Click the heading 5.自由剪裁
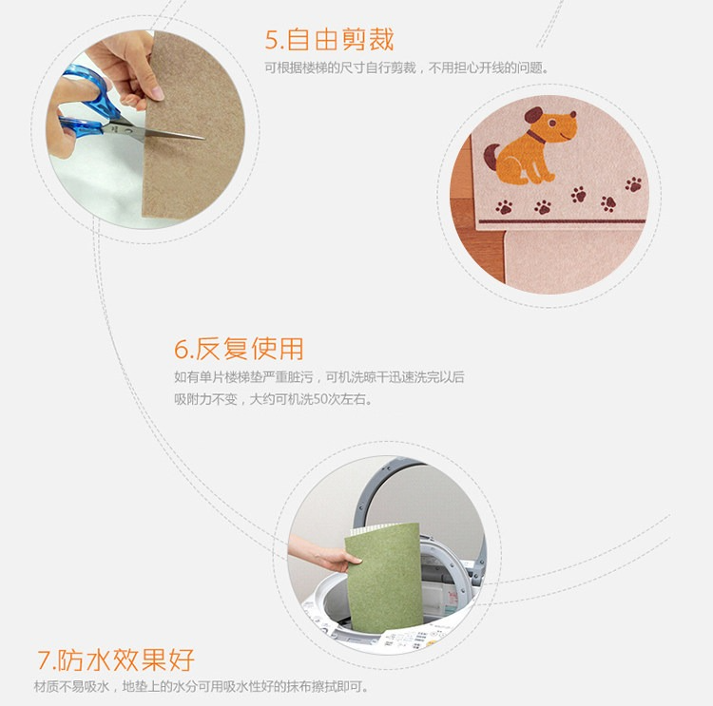[x=329, y=40]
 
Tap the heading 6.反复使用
[x=239, y=349]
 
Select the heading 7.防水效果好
[x=116, y=659]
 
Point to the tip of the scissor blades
[x=204, y=138]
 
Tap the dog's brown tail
[x=491, y=158]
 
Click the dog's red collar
[x=536, y=137]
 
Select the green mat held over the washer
[x=383, y=579]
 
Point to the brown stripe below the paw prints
[x=563, y=221]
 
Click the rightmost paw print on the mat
[x=633, y=184]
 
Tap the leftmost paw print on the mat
[x=504, y=207]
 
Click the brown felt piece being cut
[x=193, y=125]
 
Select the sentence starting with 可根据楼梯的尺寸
[x=407, y=68]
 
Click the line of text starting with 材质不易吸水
[x=201, y=686]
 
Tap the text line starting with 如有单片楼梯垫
[x=319, y=377]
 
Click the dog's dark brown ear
[x=533, y=115]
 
